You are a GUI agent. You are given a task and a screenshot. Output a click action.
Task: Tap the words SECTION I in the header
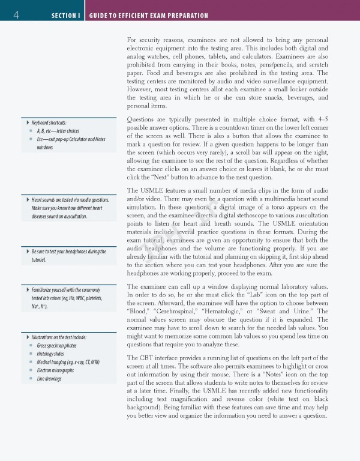pyautogui.click(x=65, y=15)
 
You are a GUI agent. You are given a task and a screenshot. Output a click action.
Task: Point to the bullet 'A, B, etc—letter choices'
pyautogui.click(x=58, y=131)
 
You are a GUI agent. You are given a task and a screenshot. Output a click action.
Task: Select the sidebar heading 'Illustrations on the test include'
pyautogui.click(x=62, y=337)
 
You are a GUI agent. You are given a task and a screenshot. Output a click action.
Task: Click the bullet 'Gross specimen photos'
pyautogui.click(x=56, y=346)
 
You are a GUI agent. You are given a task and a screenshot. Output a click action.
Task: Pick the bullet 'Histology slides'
pyautogui.click(x=51, y=354)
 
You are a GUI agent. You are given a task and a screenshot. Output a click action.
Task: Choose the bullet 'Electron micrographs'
pyautogui.click(x=56, y=370)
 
